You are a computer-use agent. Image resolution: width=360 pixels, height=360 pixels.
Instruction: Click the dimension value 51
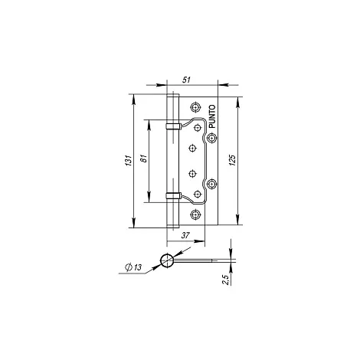coord(186,80)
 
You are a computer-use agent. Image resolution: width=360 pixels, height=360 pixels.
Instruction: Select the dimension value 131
coord(129,160)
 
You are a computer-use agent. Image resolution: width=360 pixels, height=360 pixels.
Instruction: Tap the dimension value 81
coord(144,159)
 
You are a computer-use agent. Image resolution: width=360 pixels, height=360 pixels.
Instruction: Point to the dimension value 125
coord(232,160)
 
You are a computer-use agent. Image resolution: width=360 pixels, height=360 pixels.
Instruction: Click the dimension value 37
coord(185,235)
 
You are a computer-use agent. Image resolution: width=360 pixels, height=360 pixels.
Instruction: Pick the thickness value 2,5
coord(226,280)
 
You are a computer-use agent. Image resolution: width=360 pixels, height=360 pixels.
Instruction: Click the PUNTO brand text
coord(212,116)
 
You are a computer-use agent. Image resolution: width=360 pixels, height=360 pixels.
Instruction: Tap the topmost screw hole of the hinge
coord(195,107)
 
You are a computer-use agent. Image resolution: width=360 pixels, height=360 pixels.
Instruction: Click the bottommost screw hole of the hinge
coord(195,214)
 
